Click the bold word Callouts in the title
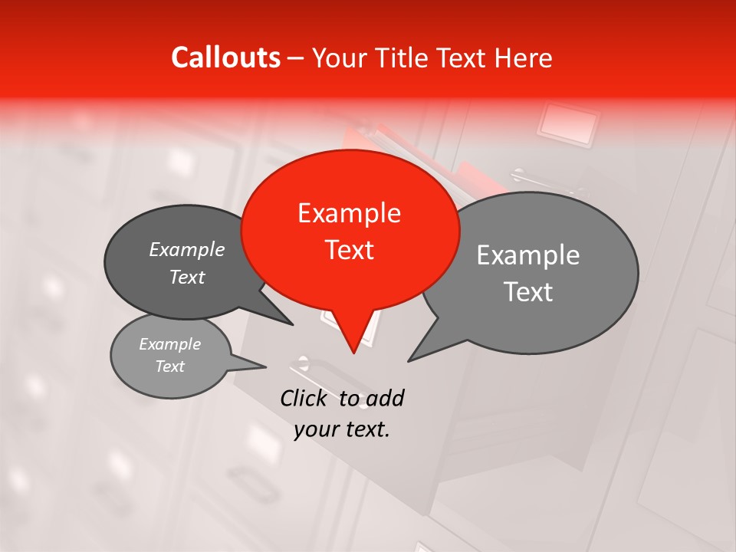click(225, 58)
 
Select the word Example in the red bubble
click(349, 213)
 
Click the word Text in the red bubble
click(349, 250)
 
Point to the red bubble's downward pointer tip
click(353, 353)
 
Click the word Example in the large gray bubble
click(528, 255)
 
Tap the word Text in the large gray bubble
click(528, 292)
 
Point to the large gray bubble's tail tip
click(409, 361)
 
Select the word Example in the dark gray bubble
click(187, 249)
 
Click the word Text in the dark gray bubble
click(187, 277)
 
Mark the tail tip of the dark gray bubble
click(293, 325)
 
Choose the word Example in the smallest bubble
click(169, 344)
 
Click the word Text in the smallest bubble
click(169, 366)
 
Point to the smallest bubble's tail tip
click(266, 366)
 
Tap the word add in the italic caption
click(384, 398)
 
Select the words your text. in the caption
click(342, 429)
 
